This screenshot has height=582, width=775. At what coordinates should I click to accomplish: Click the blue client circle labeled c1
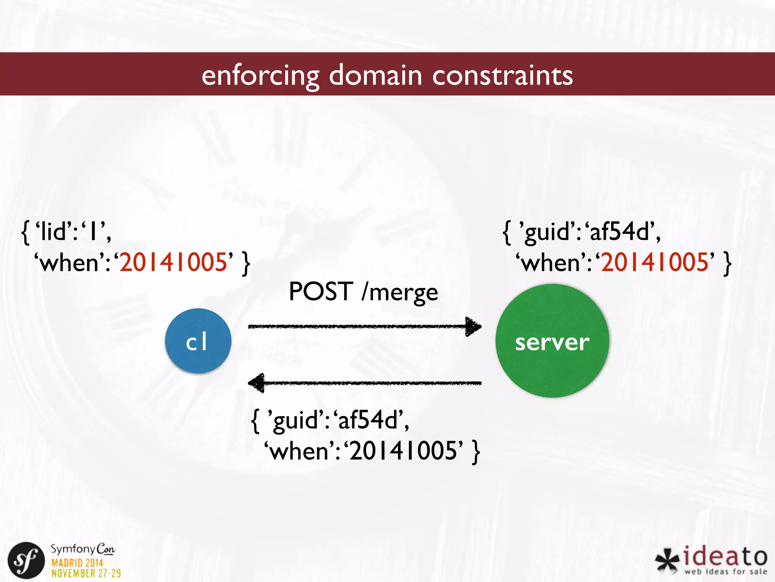tap(198, 341)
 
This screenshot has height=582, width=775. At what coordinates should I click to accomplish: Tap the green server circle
tap(552, 341)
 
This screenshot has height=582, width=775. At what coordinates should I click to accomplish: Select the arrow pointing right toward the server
tap(364, 326)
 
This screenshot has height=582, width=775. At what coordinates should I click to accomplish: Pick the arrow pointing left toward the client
tap(364, 383)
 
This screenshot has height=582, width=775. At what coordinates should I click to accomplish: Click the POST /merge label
tap(363, 292)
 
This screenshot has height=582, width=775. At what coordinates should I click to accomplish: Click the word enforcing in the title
tap(260, 75)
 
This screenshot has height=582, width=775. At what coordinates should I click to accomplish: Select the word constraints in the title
tap(503, 75)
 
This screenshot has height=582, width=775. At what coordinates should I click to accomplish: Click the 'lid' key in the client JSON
tap(56, 232)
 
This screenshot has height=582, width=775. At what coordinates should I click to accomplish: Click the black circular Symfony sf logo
tap(26, 560)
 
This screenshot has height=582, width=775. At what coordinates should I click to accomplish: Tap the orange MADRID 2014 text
tap(77, 562)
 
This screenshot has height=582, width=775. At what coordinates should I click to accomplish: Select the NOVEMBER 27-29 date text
tap(86, 573)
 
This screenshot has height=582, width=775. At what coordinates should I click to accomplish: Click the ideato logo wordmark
tap(725, 556)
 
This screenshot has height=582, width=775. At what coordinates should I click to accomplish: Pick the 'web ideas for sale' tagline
tap(725, 571)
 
